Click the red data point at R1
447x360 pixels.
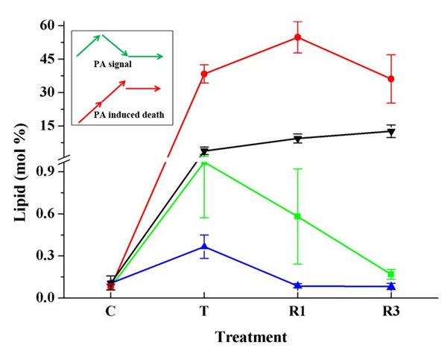point(297,37)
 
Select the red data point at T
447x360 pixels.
point(204,74)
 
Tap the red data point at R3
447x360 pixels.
point(391,78)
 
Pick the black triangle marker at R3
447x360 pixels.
point(391,132)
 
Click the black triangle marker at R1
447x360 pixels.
point(297,139)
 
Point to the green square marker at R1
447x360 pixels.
point(297,216)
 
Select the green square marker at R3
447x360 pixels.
point(391,274)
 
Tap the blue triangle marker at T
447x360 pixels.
point(204,247)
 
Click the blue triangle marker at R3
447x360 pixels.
point(391,286)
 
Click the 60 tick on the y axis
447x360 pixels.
point(47,25)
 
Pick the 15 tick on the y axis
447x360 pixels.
point(47,125)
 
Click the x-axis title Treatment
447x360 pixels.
point(251,337)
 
